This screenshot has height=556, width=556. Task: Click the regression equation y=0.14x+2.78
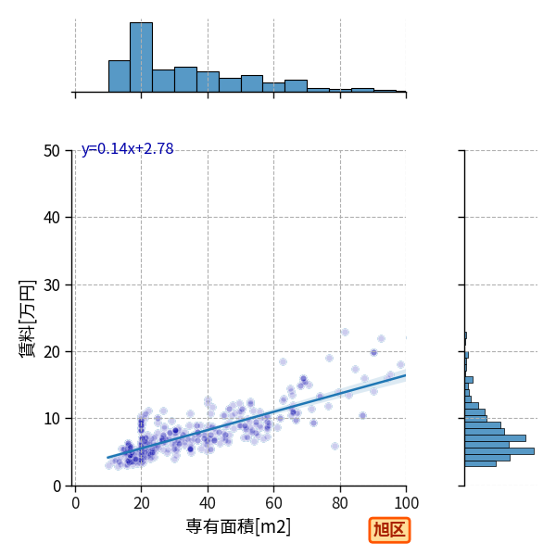127,149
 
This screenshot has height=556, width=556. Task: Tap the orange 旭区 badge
389,530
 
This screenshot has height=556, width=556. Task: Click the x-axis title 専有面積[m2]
238,526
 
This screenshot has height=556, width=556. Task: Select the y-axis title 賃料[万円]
28,319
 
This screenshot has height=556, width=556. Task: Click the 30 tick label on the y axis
52,285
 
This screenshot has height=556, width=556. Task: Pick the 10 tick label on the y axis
52,419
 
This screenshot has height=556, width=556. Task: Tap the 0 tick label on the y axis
57,486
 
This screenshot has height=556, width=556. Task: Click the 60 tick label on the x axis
273,503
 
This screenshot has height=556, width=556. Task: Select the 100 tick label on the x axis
407,503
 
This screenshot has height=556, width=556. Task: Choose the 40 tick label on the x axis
208,503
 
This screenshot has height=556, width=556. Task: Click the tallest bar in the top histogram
141,57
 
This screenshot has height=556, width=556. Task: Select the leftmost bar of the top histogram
120,77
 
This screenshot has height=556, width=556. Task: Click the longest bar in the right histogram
499,451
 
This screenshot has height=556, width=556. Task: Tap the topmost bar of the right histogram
465,335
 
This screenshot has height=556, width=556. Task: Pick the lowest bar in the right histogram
480,464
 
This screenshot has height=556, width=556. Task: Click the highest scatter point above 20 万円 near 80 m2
345,333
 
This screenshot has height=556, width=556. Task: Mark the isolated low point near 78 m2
335,446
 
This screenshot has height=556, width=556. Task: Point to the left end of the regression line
107,458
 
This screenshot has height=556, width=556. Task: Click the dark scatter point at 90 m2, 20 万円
373,352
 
